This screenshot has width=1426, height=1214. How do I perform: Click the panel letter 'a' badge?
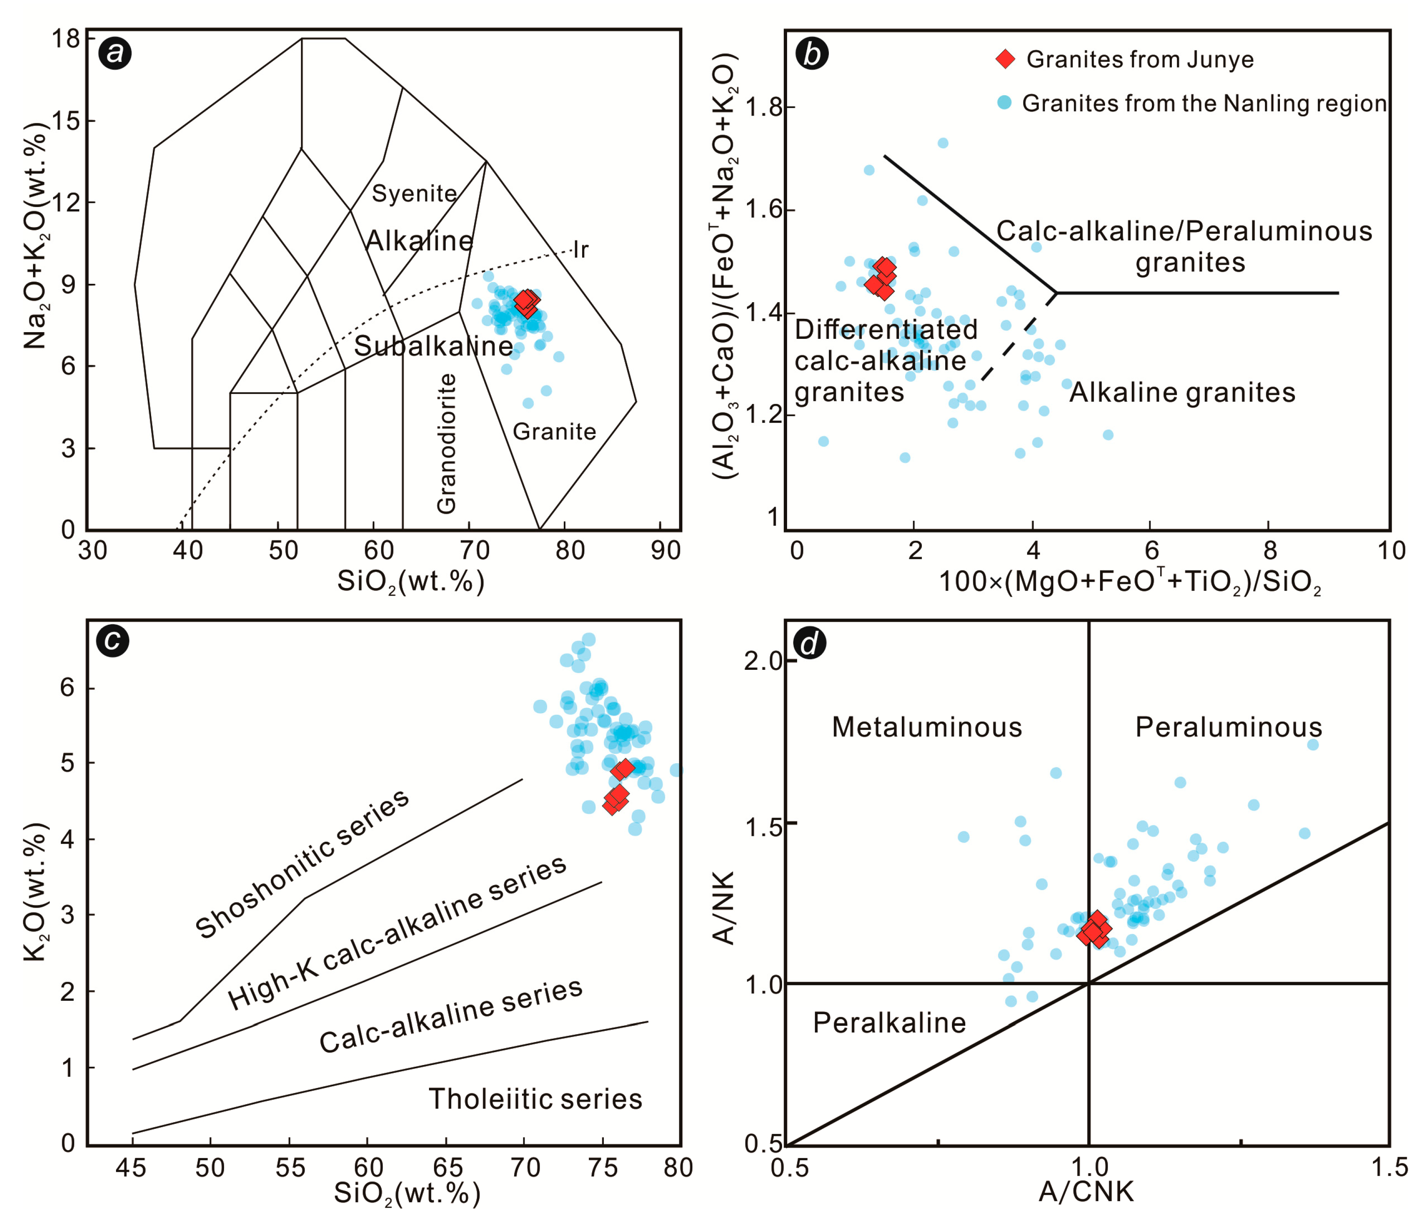115,53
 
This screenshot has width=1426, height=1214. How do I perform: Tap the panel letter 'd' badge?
810,644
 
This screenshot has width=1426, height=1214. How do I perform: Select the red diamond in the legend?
1005,59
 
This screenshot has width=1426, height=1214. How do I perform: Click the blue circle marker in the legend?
1005,103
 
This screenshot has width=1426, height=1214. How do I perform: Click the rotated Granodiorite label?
447,444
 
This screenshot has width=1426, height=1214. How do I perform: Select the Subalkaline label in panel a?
434,346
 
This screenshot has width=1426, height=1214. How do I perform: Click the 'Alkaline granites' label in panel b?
1182,393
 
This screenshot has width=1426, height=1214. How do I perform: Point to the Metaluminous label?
927,727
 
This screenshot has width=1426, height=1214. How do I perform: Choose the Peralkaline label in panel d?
889,1023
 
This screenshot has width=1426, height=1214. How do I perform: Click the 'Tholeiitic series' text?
535,1099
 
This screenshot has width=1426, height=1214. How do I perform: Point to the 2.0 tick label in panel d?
764,661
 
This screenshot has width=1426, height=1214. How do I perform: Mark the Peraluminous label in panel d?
1229,727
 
